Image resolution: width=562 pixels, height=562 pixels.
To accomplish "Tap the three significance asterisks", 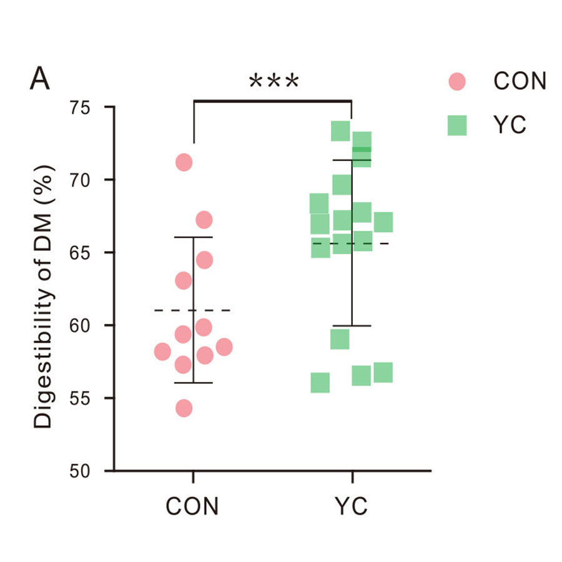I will tap(274, 82).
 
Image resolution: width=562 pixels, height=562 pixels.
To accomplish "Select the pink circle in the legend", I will tap(457, 81).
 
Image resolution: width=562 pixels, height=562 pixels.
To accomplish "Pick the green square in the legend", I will tap(457, 126).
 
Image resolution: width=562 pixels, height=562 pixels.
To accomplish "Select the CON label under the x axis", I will tap(192, 506).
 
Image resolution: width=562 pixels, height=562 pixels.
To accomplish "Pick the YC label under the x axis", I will tap(352, 506).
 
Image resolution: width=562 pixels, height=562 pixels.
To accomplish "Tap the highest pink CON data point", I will tap(184, 162).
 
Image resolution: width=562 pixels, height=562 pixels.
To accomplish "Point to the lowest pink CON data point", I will tap(184, 408).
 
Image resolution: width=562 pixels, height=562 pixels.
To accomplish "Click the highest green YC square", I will tap(340, 131).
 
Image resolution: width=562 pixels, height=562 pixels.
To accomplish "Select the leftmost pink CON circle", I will tap(162, 352).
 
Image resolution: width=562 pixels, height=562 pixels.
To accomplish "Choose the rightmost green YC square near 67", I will tap(383, 222).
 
